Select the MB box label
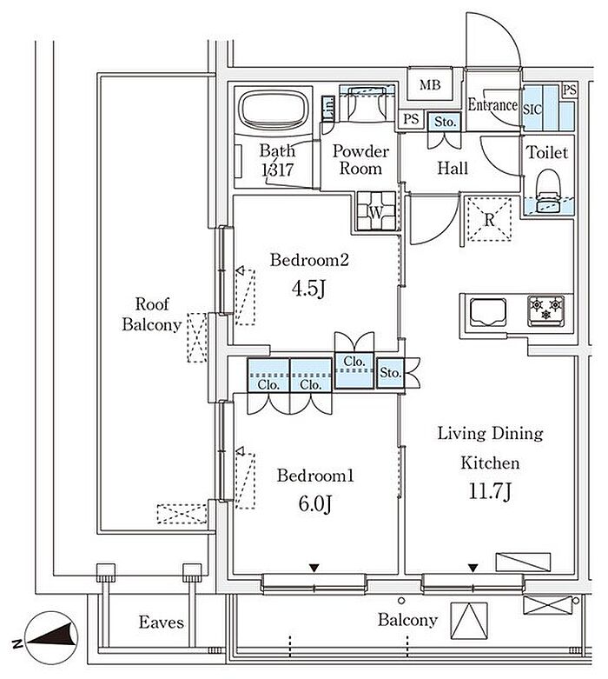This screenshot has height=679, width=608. coord(430,85)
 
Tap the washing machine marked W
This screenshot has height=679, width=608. coord(376,210)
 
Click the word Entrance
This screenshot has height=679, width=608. coord(492,105)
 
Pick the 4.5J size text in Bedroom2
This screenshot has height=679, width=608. coord(308,289)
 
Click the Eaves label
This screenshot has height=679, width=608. coord(162,622)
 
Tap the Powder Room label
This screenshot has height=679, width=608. coord(360,160)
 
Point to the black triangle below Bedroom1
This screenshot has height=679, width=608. coord(314,569)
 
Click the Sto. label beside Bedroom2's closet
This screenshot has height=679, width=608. coord(391,373)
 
